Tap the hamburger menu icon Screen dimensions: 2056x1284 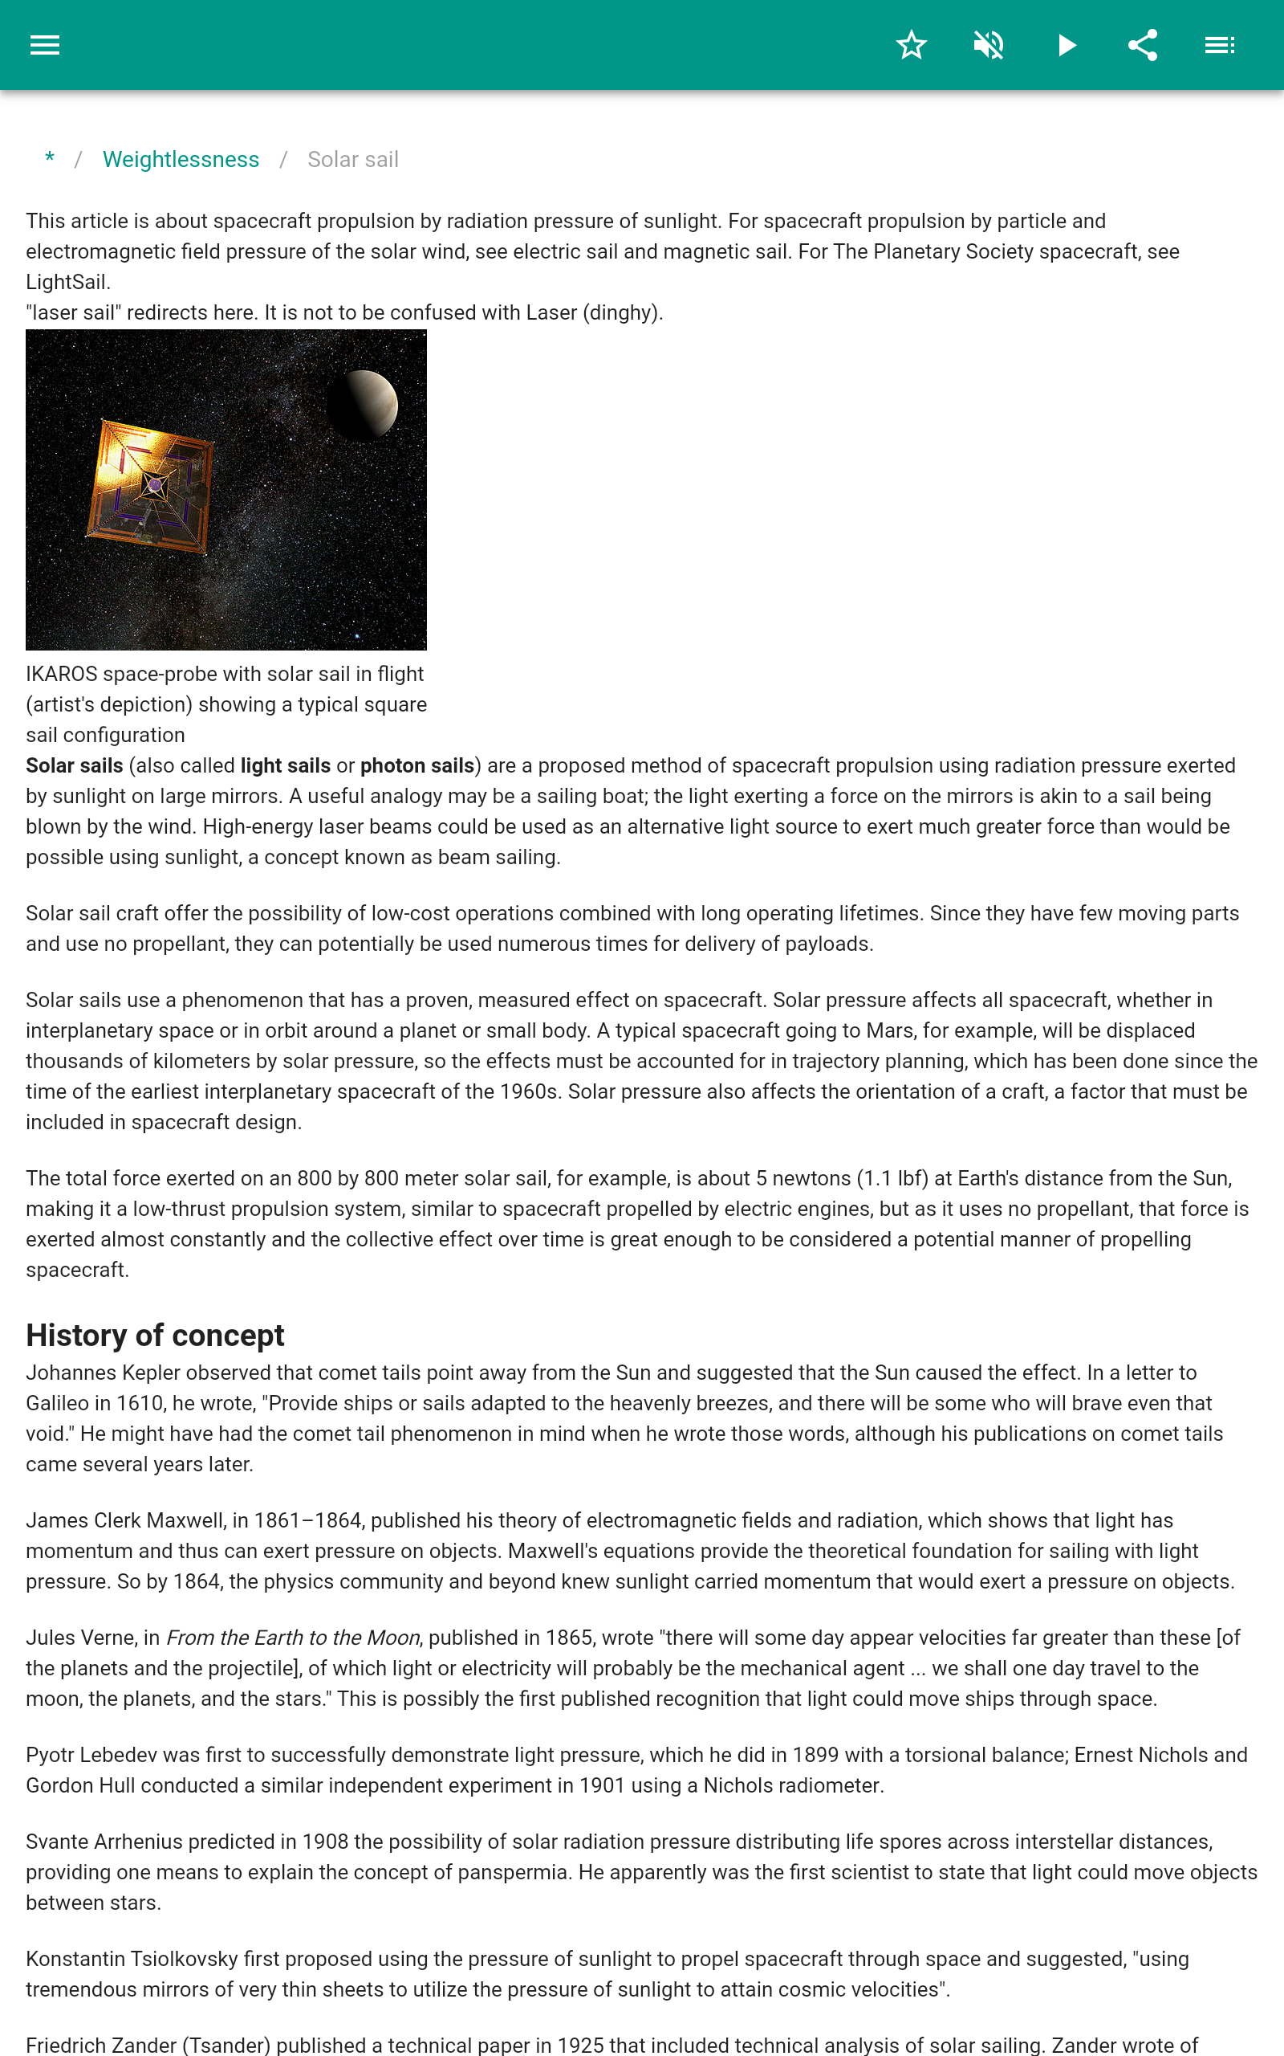coord(44,45)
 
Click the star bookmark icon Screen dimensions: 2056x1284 coord(911,45)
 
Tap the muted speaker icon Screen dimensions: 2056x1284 coord(989,45)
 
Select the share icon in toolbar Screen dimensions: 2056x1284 coord(1143,45)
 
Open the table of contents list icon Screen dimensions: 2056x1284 coord(1220,45)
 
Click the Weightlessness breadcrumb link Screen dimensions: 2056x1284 coord(181,160)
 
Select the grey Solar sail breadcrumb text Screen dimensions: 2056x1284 coord(352,160)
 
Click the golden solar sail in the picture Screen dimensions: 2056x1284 coord(151,485)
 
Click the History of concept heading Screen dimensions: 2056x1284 coord(155,1335)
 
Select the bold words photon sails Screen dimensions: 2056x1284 coord(417,765)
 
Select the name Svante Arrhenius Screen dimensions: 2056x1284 coord(104,1841)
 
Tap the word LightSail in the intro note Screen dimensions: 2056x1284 coord(67,282)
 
